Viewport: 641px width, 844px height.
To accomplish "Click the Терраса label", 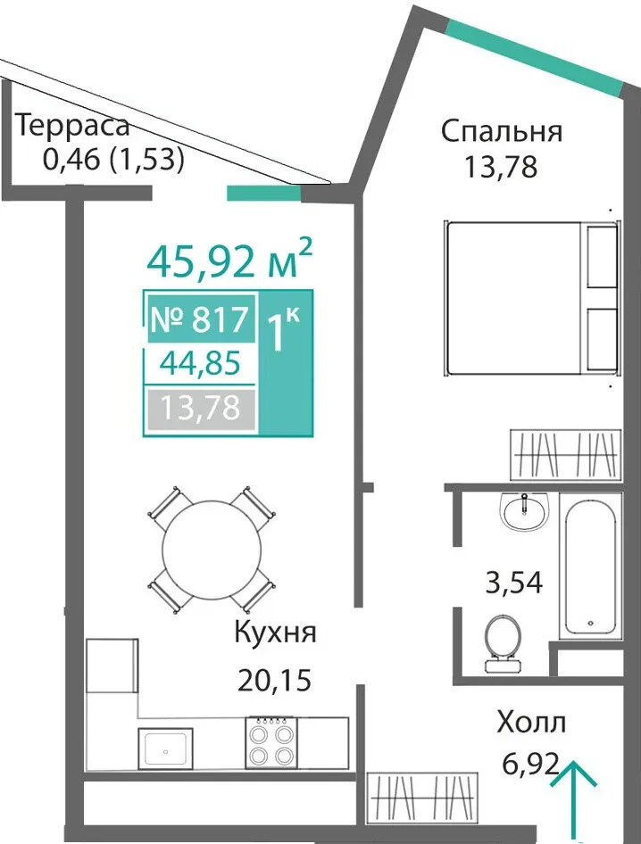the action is (74, 126).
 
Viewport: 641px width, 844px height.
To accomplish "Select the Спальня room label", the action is (502, 131).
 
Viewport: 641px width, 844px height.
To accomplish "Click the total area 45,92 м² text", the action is (229, 259).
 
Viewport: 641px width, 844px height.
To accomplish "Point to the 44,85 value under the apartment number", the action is (200, 364).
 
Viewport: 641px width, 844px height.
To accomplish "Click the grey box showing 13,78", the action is (201, 409).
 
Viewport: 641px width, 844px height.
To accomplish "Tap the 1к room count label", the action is (283, 329).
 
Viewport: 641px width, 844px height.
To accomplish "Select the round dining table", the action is (212, 550).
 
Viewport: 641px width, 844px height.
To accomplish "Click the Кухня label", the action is (275, 633).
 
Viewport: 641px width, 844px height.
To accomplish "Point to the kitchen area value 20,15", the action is (275, 681).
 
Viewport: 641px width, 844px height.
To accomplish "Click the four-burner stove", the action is (270, 741).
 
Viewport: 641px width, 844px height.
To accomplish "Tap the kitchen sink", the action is (165, 749).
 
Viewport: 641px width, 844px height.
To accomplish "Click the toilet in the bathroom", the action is (503, 643).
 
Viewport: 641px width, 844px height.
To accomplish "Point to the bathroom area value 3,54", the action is (514, 583).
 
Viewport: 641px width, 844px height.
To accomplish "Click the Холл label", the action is (531, 723).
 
